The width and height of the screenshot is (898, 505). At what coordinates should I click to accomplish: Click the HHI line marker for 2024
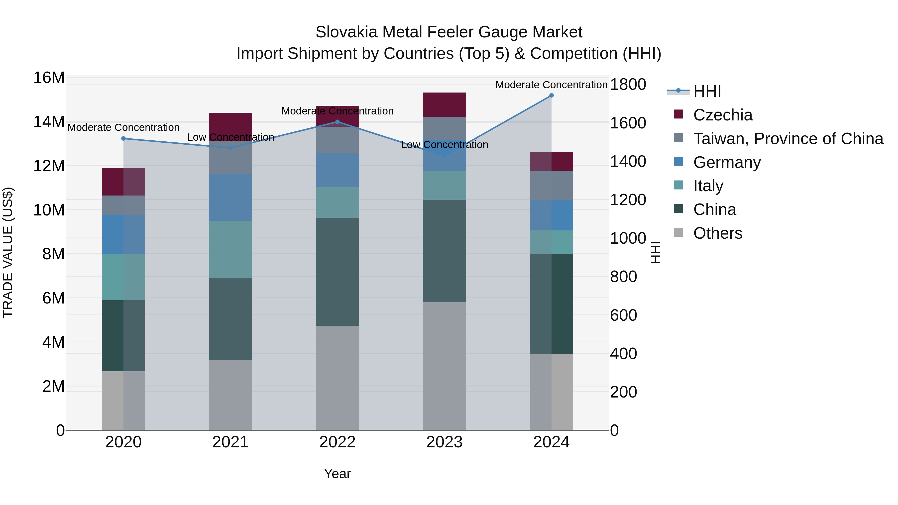tap(551, 96)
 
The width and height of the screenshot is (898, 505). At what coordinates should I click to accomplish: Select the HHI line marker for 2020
tap(123, 138)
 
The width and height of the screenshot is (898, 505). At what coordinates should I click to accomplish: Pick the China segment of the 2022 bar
tap(337, 272)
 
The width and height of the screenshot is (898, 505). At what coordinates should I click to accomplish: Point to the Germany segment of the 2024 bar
tap(551, 215)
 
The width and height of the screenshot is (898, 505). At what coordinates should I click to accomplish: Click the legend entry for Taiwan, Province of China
tap(788, 139)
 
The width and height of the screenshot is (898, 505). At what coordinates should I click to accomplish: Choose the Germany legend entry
tap(727, 162)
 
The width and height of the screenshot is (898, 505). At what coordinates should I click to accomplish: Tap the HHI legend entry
tap(707, 91)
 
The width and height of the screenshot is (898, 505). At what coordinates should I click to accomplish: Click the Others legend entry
tap(717, 233)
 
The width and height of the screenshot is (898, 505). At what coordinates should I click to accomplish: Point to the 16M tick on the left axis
tap(49, 78)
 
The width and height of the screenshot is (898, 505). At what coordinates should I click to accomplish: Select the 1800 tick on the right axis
tap(628, 84)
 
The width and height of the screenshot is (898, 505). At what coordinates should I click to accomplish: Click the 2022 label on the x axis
tap(337, 442)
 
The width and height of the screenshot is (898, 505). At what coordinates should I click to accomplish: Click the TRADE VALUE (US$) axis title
tap(8, 252)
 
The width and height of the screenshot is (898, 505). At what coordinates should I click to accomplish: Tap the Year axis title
tap(337, 474)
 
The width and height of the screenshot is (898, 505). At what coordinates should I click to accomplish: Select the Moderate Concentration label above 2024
tap(551, 85)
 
